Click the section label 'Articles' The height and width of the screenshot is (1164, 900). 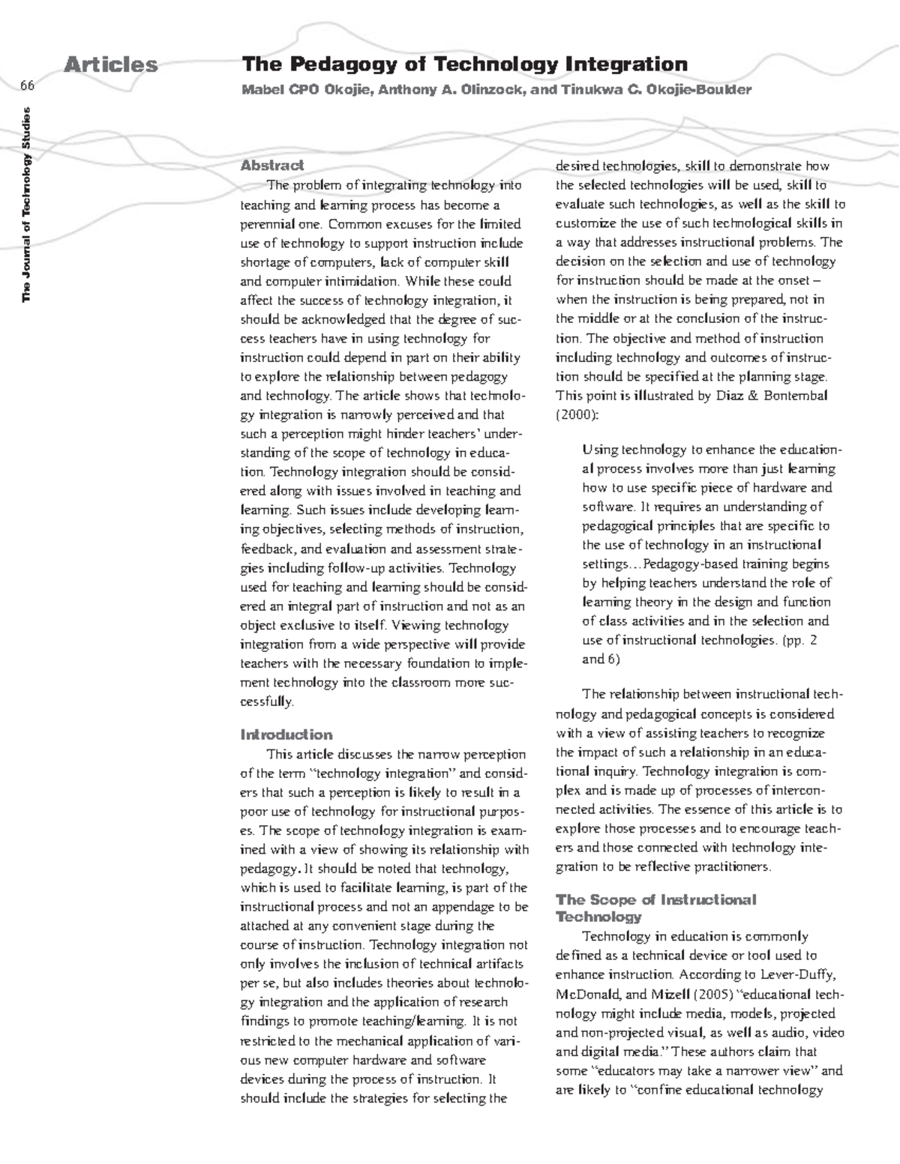click(111, 65)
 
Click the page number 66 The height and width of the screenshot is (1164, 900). click(28, 85)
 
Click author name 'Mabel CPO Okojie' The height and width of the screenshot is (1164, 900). click(305, 91)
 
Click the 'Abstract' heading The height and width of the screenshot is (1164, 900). click(271, 165)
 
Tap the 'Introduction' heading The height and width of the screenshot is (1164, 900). click(286, 735)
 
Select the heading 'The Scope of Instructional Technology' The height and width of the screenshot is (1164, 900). click(655, 908)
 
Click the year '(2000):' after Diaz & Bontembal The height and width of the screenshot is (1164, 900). click(577, 414)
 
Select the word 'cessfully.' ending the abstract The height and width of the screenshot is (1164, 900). click(267, 702)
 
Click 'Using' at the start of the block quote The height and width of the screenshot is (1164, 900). click(597, 450)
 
